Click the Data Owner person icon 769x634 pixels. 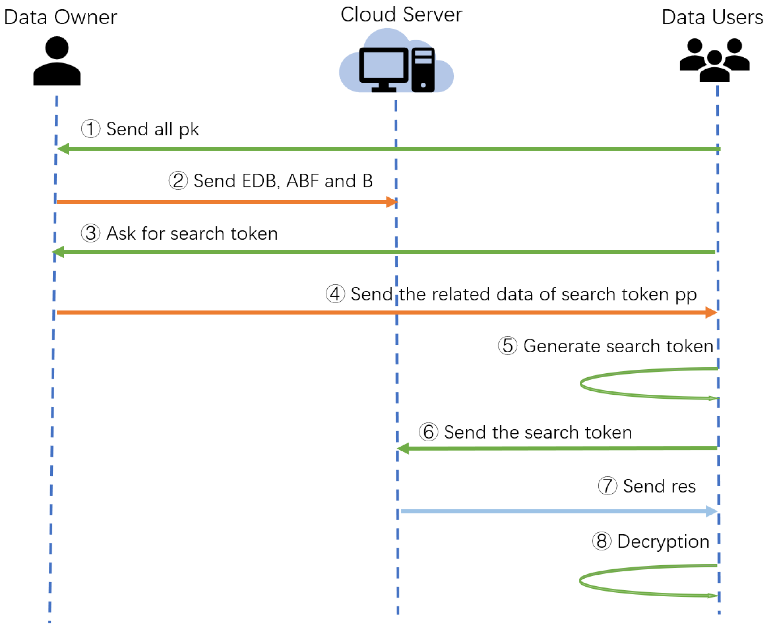pyautogui.click(x=57, y=61)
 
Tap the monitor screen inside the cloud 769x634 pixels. pyautogui.click(x=383, y=65)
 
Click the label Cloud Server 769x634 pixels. pyautogui.click(x=401, y=15)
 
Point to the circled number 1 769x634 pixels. pyautogui.click(x=90, y=129)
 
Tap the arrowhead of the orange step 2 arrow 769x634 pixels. pyautogui.click(x=392, y=201)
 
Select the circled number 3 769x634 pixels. pyautogui.click(x=90, y=233)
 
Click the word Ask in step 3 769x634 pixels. pyautogui.click(x=121, y=233)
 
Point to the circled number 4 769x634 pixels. pyautogui.click(x=335, y=294)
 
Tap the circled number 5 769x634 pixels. pyautogui.click(x=507, y=345)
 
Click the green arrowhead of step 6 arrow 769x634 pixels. pyautogui.click(x=403, y=448)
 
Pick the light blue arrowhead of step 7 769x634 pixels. pyautogui.click(x=711, y=511)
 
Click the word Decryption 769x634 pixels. pyautogui.click(x=663, y=541)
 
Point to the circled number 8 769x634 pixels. pyautogui.click(x=601, y=541)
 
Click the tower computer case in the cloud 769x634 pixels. pyautogui.click(x=423, y=70)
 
